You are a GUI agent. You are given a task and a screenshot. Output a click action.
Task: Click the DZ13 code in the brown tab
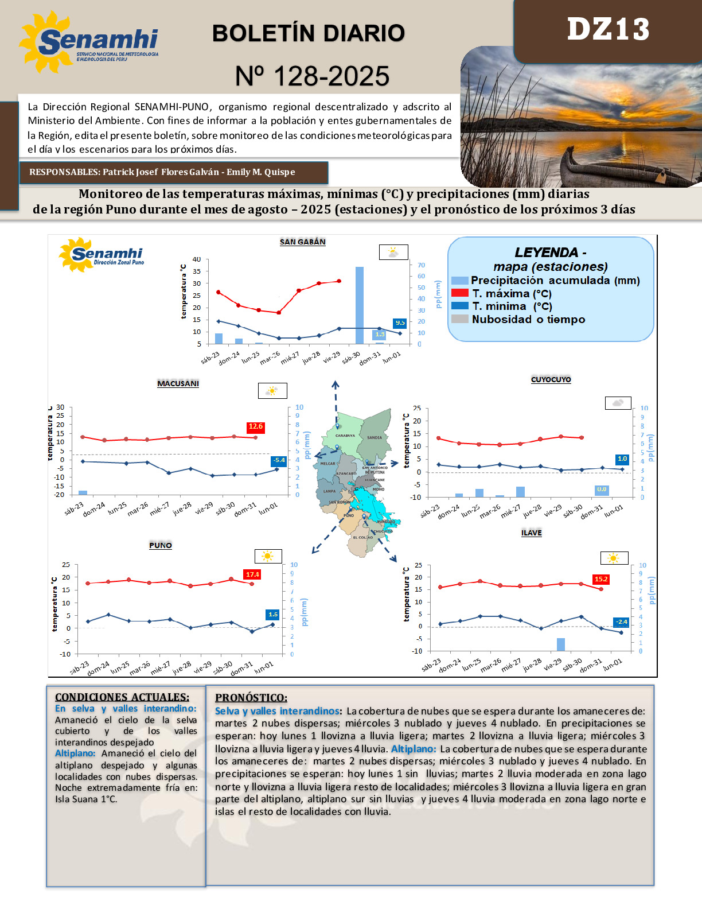pyautogui.click(x=608, y=29)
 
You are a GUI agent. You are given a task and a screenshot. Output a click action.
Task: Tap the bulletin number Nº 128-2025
pyautogui.click(x=312, y=76)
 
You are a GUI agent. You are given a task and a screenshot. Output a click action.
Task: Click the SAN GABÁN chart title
pyautogui.click(x=302, y=242)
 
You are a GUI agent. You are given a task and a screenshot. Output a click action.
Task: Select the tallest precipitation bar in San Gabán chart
pyautogui.click(x=360, y=305)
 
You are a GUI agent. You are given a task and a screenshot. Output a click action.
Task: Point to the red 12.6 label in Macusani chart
pyautogui.click(x=255, y=426)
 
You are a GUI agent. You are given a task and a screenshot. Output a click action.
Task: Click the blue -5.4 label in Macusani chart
pyautogui.click(x=279, y=460)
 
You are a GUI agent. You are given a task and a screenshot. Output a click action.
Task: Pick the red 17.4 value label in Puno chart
pyautogui.click(x=252, y=574)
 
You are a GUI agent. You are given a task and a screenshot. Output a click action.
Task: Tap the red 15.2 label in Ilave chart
pyautogui.click(x=600, y=579)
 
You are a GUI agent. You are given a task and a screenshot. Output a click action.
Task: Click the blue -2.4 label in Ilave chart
pyautogui.click(x=621, y=622)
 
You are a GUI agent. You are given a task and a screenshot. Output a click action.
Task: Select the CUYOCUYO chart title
pyautogui.click(x=551, y=380)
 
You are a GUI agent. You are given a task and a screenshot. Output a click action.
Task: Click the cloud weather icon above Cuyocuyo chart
pyautogui.click(x=618, y=403)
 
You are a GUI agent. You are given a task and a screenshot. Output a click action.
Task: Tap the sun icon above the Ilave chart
pyautogui.click(x=614, y=558)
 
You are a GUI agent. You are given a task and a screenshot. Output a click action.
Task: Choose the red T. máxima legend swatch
pyautogui.click(x=460, y=293)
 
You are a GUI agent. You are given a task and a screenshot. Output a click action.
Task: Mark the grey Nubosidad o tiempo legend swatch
pyautogui.click(x=460, y=319)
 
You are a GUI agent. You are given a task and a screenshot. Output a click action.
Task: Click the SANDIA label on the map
pyautogui.click(x=375, y=438)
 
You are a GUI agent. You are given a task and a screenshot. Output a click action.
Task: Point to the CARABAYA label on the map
pyautogui.click(x=345, y=436)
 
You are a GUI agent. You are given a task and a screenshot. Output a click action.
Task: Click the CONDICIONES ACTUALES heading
pyautogui.click(x=122, y=697)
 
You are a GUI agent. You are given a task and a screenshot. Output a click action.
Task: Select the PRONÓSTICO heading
pyautogui.click(x=251, y=698)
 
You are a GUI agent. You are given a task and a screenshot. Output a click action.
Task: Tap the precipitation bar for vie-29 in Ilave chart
pyautogui.click(x=561, y=644)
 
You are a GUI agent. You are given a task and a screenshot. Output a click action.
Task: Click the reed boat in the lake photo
pyautogui.click(x=596, y=168)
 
